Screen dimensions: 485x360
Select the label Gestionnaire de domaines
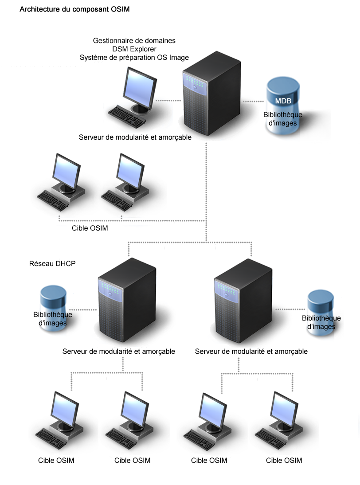pos(134,40)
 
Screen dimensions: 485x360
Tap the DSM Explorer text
pos(134,49)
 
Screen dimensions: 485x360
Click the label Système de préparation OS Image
pos(134,57)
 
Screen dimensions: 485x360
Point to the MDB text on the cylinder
pos(283,101)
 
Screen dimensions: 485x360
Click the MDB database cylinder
pos(283,106)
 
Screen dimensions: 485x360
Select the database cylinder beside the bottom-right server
pos(321,313)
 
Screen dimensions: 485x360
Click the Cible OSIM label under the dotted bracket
pos(90,228)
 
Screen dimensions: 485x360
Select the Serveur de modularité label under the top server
pos(135,137)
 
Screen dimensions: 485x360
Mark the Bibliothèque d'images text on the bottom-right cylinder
pos(321,322)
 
